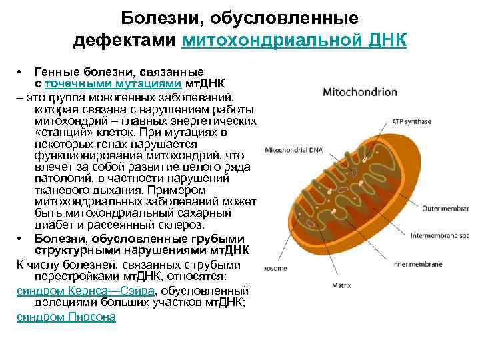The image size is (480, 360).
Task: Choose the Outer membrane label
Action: click(x=449, y=208)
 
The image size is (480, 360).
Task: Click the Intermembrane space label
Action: click(x=447, y=235)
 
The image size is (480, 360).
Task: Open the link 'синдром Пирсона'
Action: click(x=66, y=317)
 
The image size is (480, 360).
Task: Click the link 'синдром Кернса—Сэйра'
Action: click(x=85, y=291)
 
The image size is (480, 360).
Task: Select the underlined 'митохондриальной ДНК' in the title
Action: click(x=294, y=41)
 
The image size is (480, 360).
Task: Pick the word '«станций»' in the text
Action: click(x=60, y=131)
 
